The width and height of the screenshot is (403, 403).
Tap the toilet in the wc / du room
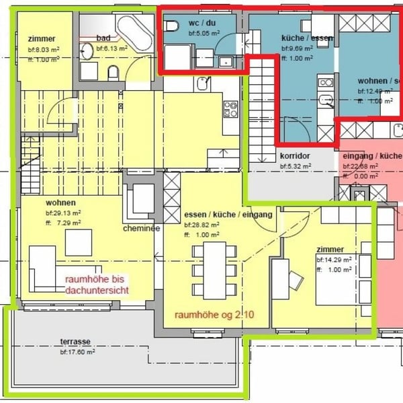tap(171, 27)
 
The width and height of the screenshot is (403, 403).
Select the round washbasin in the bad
tap(87, 51)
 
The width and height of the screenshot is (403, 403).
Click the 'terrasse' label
tap(75, 342)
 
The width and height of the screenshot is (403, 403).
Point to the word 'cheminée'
tap(141, 228)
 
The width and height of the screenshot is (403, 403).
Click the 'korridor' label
tap(294, 155)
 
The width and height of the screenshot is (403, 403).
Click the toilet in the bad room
tap(113, 71)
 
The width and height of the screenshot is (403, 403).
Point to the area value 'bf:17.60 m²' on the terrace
tap(77, 351)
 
